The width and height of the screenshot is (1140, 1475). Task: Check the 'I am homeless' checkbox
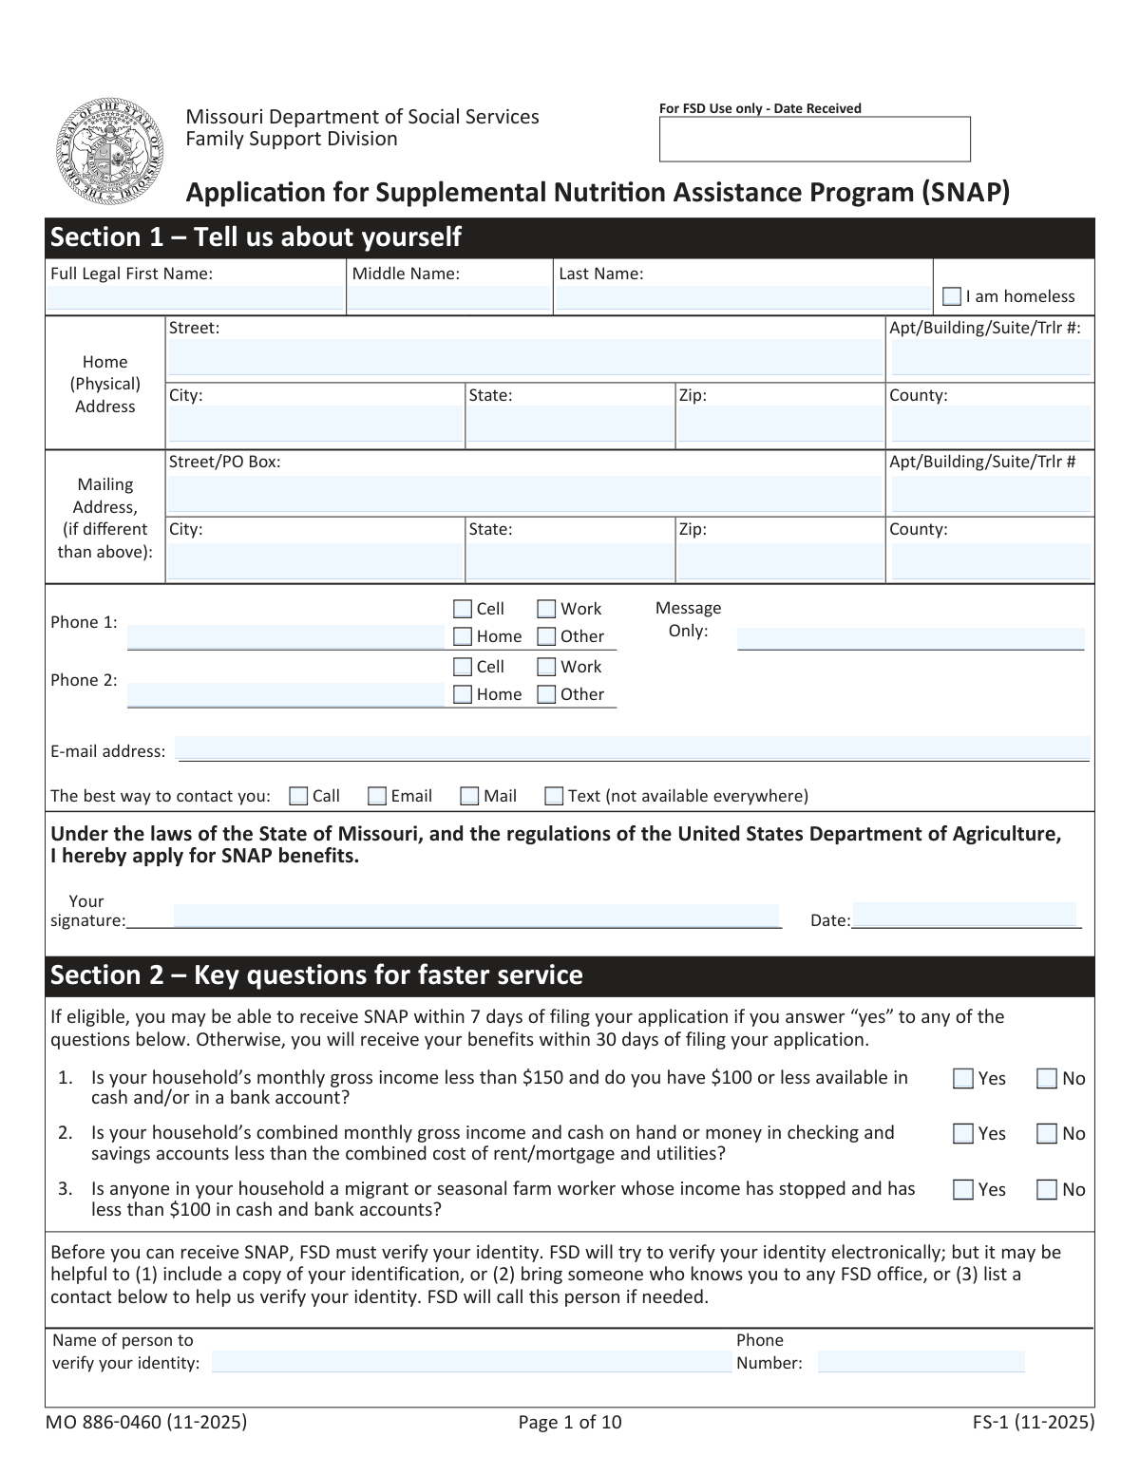pos(952,297)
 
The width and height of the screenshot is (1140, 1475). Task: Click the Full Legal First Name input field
pos(195,299)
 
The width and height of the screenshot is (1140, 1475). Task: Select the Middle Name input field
pos(448,299)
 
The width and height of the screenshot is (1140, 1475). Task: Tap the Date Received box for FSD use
pos(814,140)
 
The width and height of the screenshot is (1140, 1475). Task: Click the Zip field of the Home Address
pos(780,425)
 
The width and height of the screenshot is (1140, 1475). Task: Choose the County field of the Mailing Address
pos(990,560)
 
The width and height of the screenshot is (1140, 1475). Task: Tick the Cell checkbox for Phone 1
pos(463,609)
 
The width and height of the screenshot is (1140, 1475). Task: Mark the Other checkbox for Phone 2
pos(546,694)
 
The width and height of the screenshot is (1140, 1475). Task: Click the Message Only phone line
pos(910,638)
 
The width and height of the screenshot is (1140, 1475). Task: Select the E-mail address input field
pos(633,749)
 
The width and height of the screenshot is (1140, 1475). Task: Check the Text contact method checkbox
pos(554,796)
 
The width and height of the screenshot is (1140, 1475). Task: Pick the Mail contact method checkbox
pos(469,796)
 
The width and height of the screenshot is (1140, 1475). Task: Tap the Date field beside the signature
pos(964,916)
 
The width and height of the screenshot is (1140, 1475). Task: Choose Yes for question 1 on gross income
pos(963,1078)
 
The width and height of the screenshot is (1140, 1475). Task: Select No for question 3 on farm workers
pos(1047,1189)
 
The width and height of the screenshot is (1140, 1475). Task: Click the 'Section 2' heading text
pos(316,975)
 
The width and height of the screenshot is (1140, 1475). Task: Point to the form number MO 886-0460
pos(146,1422)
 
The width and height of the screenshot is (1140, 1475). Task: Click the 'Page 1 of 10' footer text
pos(570,1422)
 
